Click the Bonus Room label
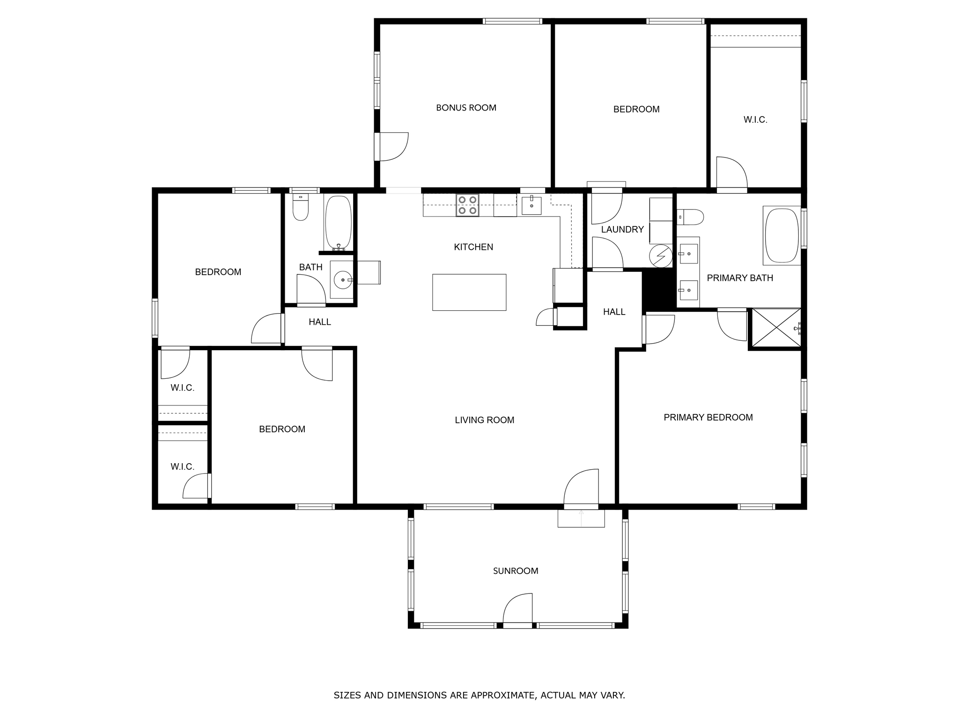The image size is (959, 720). pyautogui.click(x=466, y=108)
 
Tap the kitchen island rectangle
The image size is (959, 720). pyautogui.click(x=469, y=292)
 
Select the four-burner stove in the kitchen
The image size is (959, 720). pyautogui.click(x=468, y=205)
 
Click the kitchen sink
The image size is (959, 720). pyautogui.click(x=531, y=205)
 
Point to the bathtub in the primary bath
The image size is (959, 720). pyautogui.click(x=782, y=235)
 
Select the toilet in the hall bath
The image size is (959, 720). pyautogui.click(x=301, y=207)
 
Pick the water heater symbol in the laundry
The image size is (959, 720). pyautogui.click(x=661, y=255)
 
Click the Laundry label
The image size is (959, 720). pyautogui.click(x=622, y=230)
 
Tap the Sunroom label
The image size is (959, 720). pyautogui.click(x=516, y=571)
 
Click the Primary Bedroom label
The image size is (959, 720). pyautogui.click(x=708, y=418)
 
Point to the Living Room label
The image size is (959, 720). pyautogui.click(x=485, y=420)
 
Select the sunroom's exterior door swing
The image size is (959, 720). pyautogui.click(x=517, y=608)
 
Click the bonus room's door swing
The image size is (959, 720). pyautogui.click(x=394, y=147)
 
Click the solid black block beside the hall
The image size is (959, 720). pyautogui.click(x=658, y=290)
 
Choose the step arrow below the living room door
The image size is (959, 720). pyautogui.click(x=581, y=517)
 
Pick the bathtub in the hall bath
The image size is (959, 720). pyautogui.click(x=338, y=223)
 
